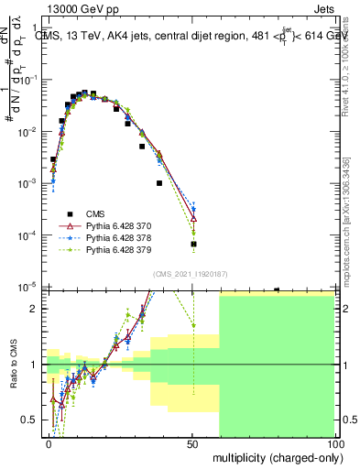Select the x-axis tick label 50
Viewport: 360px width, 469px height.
(192, 442)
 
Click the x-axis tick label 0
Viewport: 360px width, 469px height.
(49, 442)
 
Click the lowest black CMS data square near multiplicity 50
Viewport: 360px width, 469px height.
(193, 245)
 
